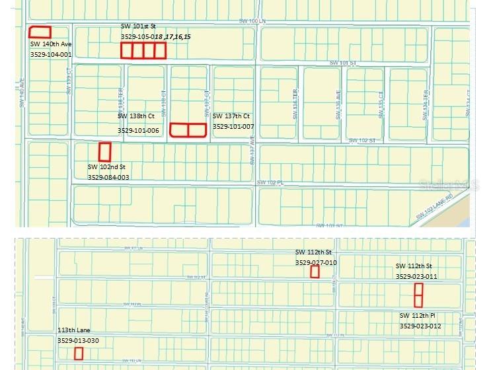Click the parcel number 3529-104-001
(51, 54)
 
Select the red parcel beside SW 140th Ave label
(40, 32)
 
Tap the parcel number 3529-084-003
(108, 177)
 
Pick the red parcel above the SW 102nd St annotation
(104, 152)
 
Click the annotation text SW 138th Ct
(136, 116)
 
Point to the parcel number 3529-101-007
(233, 126)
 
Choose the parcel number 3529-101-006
(138, 130)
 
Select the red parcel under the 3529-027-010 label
(315, 272)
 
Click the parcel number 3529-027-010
(316, 262)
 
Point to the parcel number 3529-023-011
(416, 276)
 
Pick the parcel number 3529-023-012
(420, 326)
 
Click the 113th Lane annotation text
(74, 330)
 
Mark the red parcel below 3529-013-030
(79, 353)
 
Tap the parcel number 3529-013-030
(78, 340)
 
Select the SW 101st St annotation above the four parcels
(137, 26)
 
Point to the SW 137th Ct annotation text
(231, 116)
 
